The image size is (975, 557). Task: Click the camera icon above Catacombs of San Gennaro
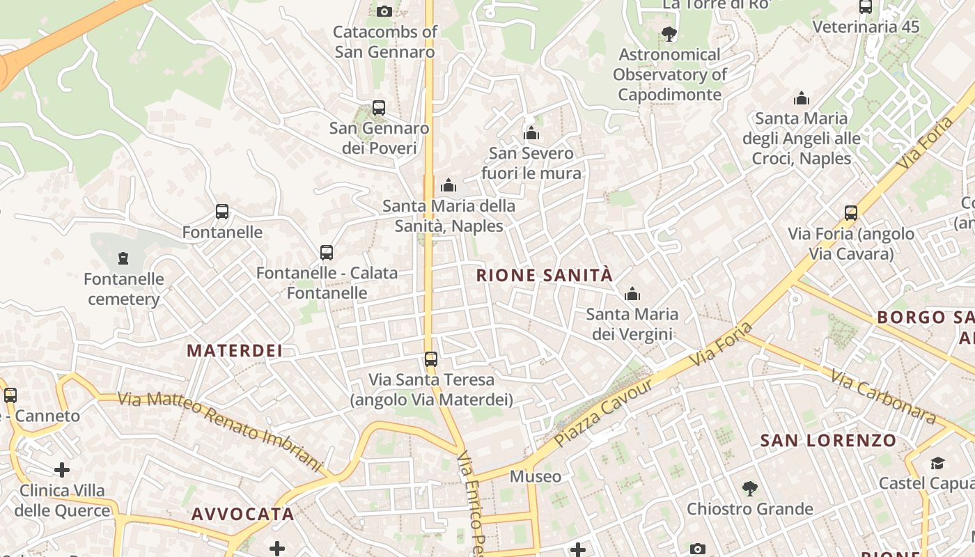[x=384, y=11]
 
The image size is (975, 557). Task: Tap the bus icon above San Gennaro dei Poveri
[x=379, y=108]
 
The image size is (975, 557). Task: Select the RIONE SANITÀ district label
[x=545, y=275]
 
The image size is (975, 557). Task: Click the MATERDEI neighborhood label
[x=235, y=350]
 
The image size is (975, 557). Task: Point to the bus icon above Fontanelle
[x=222, y=212]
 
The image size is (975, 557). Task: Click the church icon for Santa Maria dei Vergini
[x=632, y=295]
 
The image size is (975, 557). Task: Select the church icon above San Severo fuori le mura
[x=531, y=133]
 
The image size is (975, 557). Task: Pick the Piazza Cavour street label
[x=604, y=412]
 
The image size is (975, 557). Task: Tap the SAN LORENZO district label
[x=828, y=440]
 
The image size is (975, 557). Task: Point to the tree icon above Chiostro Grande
[x=749, y=489]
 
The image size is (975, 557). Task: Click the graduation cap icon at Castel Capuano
[x=937, y=463]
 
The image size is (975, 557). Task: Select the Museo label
[x=536, y=476]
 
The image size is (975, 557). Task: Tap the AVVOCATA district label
[x=243, y=515]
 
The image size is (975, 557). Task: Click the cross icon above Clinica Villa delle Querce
[x=62, y=470]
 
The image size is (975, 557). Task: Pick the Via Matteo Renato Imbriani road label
[x=221, y=431]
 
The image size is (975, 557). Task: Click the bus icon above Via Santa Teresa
[x=431, y=359]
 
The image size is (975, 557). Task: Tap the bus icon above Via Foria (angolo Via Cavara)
[x=850, y=213]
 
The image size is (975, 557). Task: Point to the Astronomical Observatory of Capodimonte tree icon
[x=669, y=33]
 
